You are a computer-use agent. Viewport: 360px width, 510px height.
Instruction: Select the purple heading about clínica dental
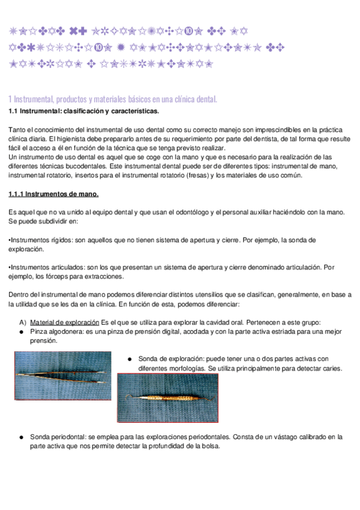pyautogui.click(x=112, y=99)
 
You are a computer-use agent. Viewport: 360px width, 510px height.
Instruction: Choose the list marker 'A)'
pyautogui.click(x=23, y=322)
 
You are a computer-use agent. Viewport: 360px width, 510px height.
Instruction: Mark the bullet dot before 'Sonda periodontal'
pyautogui.click(x=22, y=437)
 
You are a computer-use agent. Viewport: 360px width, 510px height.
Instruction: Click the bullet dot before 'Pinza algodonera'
pyautogui.click(x=22, y=331)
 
